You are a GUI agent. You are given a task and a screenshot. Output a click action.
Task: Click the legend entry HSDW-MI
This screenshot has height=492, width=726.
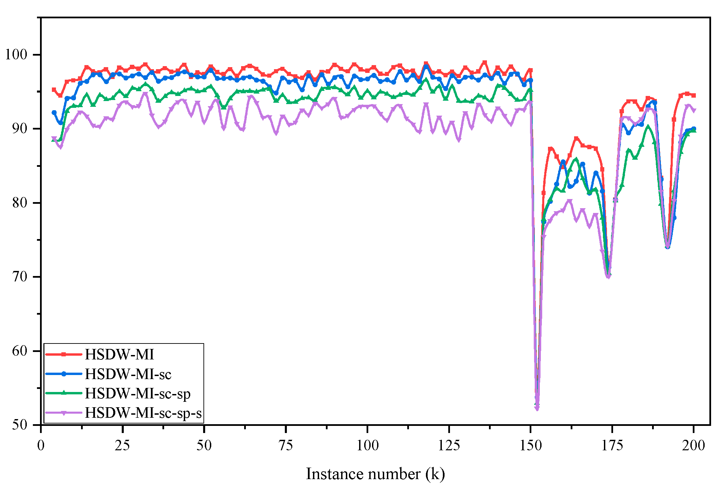[x=119, y=355]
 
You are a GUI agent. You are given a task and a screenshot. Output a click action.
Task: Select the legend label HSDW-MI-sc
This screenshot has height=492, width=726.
[x=128, y=374]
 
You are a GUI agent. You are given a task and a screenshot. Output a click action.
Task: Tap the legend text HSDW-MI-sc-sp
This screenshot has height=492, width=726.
[x=137, y=394]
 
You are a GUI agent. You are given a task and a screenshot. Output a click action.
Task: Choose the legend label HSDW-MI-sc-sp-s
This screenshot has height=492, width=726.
[x=143, y=413]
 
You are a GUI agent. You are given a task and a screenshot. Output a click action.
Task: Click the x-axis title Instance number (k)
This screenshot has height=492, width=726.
[x=375, y=474]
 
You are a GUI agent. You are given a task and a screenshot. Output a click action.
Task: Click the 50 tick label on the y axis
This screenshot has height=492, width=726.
[x=19, y=425]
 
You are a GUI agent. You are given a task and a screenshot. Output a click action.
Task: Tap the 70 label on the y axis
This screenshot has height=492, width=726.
[x=19, y=277]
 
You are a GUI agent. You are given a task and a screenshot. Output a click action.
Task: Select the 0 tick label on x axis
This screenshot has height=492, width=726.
[x=41, y=445]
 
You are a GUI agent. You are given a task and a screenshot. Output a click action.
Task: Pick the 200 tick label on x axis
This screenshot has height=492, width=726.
[x=693, y=445]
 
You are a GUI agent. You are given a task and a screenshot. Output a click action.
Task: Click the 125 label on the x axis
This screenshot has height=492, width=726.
[x=449, y=445]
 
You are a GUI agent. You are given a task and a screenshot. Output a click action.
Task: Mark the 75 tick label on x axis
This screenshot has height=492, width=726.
[x=286, y=445]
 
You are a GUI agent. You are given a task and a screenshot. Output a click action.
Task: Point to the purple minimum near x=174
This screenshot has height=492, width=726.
[x=608, y=276]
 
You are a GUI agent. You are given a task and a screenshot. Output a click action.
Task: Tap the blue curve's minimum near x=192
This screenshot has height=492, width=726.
[x=667, y=247]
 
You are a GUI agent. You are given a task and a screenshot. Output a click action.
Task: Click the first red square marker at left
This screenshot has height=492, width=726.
[x=54, y=90]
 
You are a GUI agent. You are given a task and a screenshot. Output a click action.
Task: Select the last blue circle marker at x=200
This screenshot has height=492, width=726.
[x=694, y=129]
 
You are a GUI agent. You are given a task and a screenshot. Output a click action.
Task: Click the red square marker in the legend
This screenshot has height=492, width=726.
[x=63, y=354]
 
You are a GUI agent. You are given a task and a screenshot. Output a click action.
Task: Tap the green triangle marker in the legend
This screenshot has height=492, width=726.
[x=63, y=393]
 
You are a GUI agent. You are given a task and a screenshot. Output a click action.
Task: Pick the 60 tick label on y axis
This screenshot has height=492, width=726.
[x=19, y=351]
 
